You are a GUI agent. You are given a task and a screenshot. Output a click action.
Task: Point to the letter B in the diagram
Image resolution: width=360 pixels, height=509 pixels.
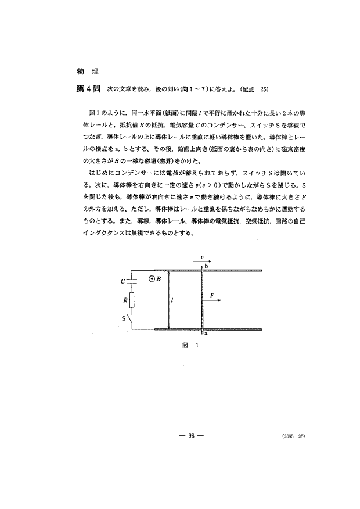coord(159,279)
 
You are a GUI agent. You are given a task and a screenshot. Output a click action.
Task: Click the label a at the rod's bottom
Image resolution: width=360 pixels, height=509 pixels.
coord(206,334)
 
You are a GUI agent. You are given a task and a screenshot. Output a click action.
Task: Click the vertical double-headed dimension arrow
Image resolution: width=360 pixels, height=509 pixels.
coord(168,300)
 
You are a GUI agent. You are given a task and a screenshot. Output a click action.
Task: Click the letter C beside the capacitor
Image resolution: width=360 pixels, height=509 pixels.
coord(123,281)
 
